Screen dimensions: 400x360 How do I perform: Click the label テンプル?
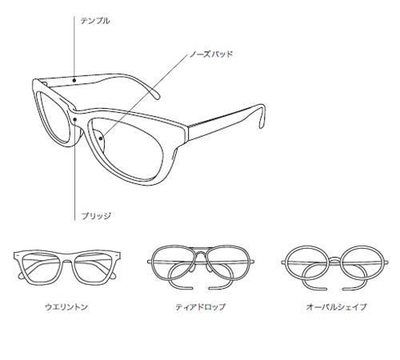point(95,21)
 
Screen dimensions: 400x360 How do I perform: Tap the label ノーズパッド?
point(211,54)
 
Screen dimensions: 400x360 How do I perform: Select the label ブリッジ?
point(96,216)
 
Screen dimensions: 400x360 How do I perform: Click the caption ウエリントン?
point(66,307)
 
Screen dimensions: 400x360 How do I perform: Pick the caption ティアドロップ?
point(201,307)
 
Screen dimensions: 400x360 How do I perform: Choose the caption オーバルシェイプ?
point(336,307)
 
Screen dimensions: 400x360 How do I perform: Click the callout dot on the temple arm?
point(74,80)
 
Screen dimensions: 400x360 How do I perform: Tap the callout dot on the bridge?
point(75,119)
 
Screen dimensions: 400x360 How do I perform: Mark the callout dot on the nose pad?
point(101,138)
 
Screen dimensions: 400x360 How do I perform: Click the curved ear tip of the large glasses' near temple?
point(262,118)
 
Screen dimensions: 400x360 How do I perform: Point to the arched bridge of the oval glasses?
point(335,258)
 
